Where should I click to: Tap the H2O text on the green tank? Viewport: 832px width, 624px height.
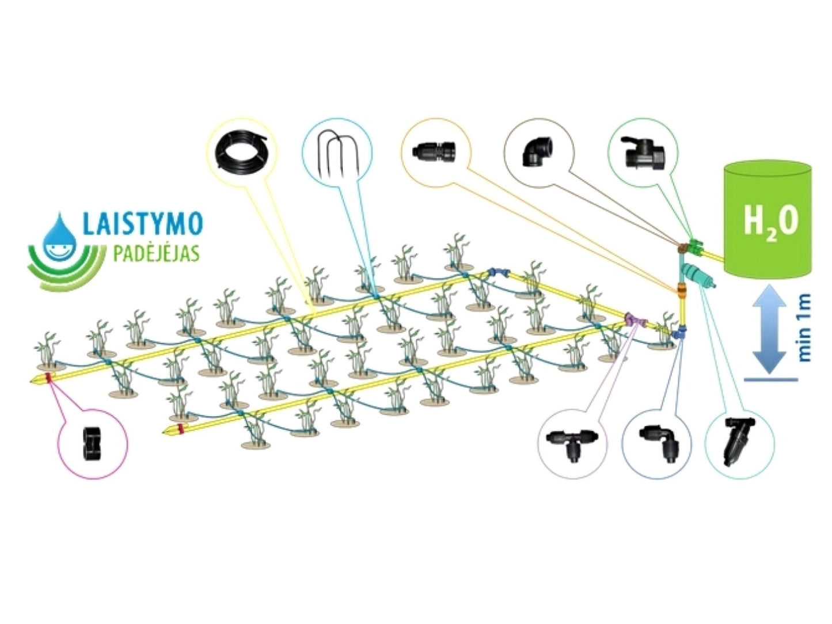tap(770, 222)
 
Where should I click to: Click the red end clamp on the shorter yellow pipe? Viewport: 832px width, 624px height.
tap(181, 428)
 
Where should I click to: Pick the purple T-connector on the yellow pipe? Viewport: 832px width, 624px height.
tap(633, 319)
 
